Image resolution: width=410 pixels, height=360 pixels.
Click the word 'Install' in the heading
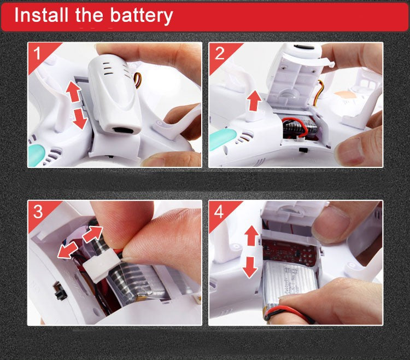pos(41,15)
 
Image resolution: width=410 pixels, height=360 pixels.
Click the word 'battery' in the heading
pos(142,16)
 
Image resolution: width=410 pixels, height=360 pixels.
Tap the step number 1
pos(37,53)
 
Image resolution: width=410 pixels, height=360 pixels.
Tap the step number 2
pos(219,54)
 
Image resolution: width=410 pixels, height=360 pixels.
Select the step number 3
pos(38,212)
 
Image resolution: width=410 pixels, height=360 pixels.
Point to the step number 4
pos(219,212)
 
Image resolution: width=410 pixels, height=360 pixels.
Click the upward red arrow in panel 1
pos(74,91)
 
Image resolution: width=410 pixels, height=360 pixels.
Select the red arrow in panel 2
pos(254,101)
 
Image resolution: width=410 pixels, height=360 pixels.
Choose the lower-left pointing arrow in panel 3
pos(67,250)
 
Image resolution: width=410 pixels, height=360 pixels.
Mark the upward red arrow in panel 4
pos(251,235)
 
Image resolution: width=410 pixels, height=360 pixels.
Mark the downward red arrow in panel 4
pos(250,267)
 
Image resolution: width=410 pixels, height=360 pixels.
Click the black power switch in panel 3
pos(61,291)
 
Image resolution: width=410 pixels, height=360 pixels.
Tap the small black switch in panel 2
pos(303,150)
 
